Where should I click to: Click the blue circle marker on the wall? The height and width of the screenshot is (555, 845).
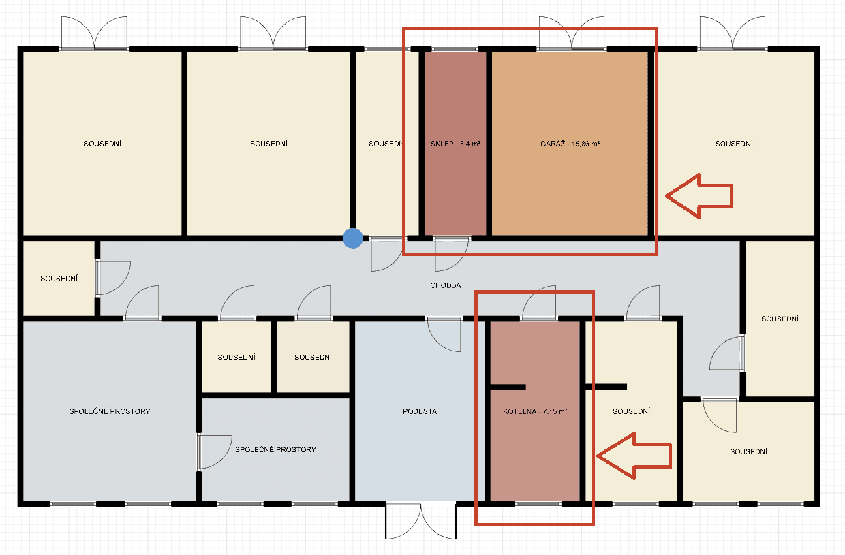[352, 238]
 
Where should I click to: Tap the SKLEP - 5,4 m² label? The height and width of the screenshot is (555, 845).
[456, 144]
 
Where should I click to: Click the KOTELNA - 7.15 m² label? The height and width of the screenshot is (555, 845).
[535, 411]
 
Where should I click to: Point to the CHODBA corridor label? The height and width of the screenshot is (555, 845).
[446, 285]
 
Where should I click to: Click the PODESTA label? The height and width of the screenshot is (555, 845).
[420, 411]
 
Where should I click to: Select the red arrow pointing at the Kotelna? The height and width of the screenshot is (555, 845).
[634, 454]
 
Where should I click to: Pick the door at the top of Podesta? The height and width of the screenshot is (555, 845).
[443, 334]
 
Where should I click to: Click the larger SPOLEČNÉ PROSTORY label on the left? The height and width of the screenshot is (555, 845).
[110, 411]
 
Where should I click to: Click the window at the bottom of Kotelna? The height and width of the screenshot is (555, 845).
[538, 504]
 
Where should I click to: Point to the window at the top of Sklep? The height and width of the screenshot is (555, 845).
[455, 49]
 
